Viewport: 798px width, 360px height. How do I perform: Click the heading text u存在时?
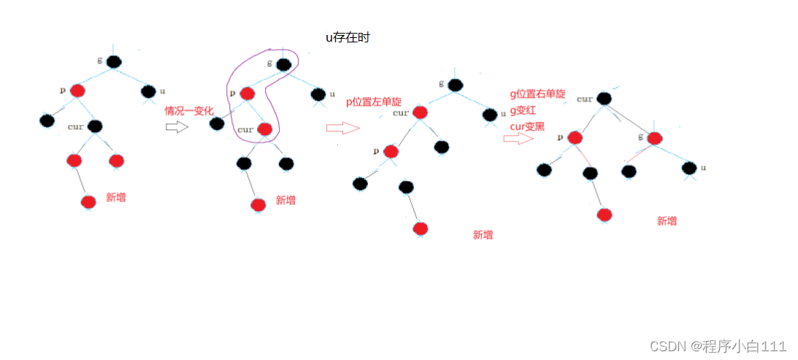[348, 37]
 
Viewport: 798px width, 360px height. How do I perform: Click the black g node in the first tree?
[113, 62]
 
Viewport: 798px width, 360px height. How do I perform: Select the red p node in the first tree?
[78, 91]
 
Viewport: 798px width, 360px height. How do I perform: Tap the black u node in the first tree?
[147, 92]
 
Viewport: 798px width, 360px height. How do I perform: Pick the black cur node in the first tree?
[95, 126]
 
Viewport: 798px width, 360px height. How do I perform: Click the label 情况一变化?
[189, 111]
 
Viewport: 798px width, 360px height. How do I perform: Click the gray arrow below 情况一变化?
[177, 127]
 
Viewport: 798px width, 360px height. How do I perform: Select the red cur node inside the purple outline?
[265, 129]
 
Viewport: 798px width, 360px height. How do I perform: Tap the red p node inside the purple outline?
[248, 93]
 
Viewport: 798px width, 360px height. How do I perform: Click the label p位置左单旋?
[374, 102]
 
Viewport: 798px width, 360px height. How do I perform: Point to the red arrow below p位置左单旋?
[342, 129]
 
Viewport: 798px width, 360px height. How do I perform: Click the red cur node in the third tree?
[419, 112]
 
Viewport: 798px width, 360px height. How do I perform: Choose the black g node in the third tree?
[456, 85]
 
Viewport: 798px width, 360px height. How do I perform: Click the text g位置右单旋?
[537, 94]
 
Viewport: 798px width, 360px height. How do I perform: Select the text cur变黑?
[527, 126]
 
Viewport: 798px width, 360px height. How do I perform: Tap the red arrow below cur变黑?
[518, 138]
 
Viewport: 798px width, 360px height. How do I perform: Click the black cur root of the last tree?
[603, 99]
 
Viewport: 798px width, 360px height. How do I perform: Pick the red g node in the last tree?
[654, 138]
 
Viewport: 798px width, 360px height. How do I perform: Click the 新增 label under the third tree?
[483, 234]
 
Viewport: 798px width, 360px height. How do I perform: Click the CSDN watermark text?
[718, 346]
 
